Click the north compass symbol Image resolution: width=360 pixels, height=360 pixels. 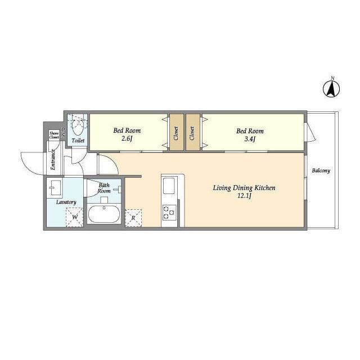(331, 89)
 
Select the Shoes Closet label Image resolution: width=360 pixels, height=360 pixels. (54, 135)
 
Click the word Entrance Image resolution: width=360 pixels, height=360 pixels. (53, 160)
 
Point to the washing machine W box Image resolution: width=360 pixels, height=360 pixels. (75, 217)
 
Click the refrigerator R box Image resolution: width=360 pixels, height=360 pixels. (133, 218)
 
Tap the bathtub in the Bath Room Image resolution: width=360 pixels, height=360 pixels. (104, 214)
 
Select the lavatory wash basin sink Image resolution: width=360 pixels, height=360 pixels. (55, 188)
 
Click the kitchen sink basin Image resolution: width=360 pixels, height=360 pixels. (169, 186)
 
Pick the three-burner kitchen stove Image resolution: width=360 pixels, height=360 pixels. (169, 212)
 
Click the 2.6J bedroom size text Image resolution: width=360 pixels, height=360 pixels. (127, 139)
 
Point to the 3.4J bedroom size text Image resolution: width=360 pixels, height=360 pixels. (250, 139)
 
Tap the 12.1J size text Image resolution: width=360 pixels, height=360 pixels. (245, 196)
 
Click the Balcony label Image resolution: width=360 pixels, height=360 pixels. (321, 170)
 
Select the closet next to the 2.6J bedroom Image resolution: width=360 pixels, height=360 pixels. (177, 133)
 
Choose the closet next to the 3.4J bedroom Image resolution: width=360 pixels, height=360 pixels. (193, 133)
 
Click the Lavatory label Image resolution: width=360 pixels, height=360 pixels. (66, 202)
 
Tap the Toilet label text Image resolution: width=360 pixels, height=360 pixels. (78, 140)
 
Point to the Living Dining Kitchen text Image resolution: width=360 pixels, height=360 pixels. (244, 188)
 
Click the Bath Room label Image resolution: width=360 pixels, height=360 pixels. (104, 188)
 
